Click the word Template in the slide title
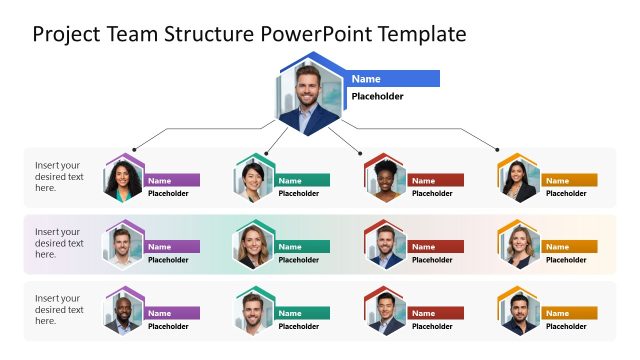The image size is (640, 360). [x=421, y=34]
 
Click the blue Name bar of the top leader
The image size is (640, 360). [x=394, y=78]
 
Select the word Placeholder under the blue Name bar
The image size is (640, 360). [x=377, y=97]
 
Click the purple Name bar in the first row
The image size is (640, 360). [x=172, y=180]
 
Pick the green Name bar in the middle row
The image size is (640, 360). [x=303, y=246]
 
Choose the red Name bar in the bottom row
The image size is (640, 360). [x=436, y=313]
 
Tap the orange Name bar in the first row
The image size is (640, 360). [x=571, y=180]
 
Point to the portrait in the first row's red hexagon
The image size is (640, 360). [x=384, y=181]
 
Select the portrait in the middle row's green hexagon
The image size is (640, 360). [x=253, y=246]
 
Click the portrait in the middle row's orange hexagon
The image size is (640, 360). [x=519, y=246]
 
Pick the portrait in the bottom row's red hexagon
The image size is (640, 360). [x=384, y=313]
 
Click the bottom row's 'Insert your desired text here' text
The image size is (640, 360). [x=58, y=309]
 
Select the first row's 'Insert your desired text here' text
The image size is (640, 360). [x=58, y=176]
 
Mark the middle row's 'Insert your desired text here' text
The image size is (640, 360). [x=58, y=243]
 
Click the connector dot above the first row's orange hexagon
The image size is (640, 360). [x=498, y=149]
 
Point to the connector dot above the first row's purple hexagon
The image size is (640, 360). [x=134, y=149]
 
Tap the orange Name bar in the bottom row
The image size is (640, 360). [x=571, y=313]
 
